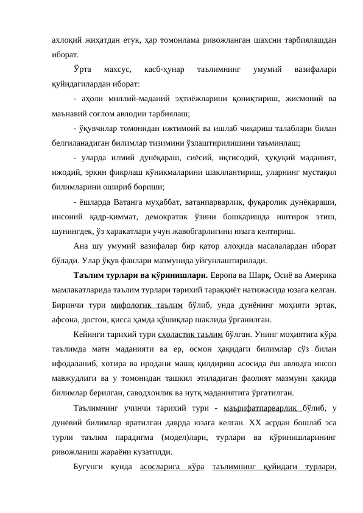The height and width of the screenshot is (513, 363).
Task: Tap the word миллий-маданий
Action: (x=132, y=99)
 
